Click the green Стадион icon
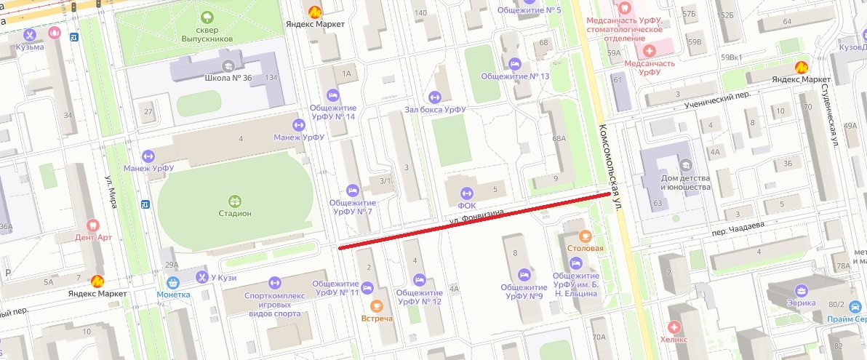[234, 201]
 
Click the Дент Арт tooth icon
[92, 225]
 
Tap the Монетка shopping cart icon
[173, 282]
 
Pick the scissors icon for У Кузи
[201, 276]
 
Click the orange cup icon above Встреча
[376, 306]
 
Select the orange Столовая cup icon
[586, 236]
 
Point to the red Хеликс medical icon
[674, 328]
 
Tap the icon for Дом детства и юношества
[684, 165]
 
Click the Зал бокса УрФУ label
[435, 110]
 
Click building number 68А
[559, 138]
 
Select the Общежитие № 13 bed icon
[515, 63]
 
